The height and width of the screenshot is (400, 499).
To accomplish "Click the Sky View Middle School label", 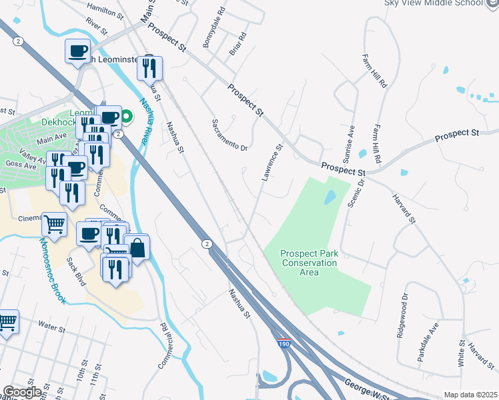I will (x=433, y=3).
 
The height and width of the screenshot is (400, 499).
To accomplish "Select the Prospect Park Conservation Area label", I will (x=309, y=258).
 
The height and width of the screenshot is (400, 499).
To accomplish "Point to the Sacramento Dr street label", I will (x=230, y=135).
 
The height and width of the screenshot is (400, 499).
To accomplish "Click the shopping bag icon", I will (x=137, y=249).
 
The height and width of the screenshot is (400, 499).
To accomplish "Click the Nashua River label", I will (x=145, y=120).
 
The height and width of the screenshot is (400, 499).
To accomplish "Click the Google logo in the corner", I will (x=22, y=392).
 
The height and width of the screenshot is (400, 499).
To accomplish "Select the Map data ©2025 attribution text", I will (x=470, y=395).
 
